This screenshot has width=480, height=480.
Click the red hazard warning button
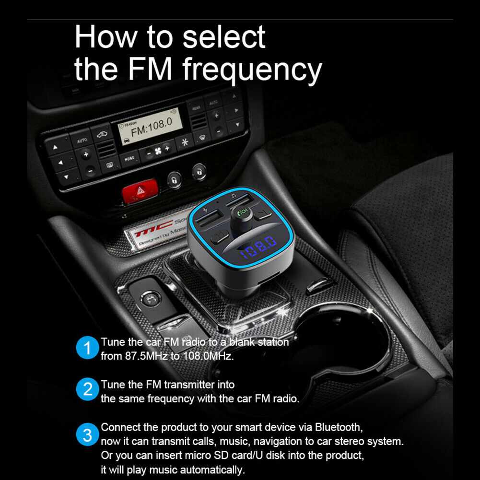click(x=140, y=191)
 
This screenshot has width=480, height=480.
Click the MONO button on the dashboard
click(x=129, y=158)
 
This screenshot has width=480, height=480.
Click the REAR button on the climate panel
click(x=196, y=108)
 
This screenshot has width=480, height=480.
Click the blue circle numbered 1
click(x=87, y=348)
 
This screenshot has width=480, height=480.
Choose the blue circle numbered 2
click(x=87, y=390)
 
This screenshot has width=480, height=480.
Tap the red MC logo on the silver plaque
click(x=147, y=232)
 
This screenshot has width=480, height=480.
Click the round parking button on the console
click(x=147, y=299)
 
